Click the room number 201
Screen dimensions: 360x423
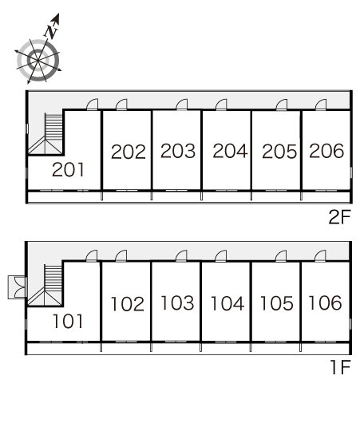pyautogui.click(x=68, y=170)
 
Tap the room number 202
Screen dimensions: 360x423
pyautogui.click(x=129, y=152)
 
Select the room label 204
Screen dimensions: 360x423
pyautogui.click(x=230, y=151)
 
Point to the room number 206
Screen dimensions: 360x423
pyautogui.click(x=326, y=151)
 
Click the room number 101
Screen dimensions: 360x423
pyautogui.click(x=68, y=321)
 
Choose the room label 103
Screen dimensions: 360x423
pyautogui.click(x=177, y=302)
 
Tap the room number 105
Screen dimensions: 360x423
pyautogui.click(x=277, y=303)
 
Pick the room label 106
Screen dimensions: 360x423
pyautogui.click(x=325, y=302)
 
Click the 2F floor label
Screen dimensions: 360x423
pyautogui.click(x=340, y=216)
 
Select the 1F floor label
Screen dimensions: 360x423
pyautogui.click(x=341, y=367)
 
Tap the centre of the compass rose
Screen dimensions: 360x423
pyautogui.click(x=38, y=61)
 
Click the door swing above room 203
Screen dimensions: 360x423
pyautogui.click(x=182, y=104)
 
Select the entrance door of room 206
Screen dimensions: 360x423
pyautogui.click(x=321, y=105)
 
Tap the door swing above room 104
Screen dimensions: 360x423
pyautogui.click(x=221, y=255)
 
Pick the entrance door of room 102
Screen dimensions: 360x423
pyautogui.click(x=121, y=255)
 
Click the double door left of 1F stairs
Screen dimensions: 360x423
pyautogui.click(x=18, y=287)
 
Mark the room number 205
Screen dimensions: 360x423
pyautogui.click(x=279, y=151)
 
